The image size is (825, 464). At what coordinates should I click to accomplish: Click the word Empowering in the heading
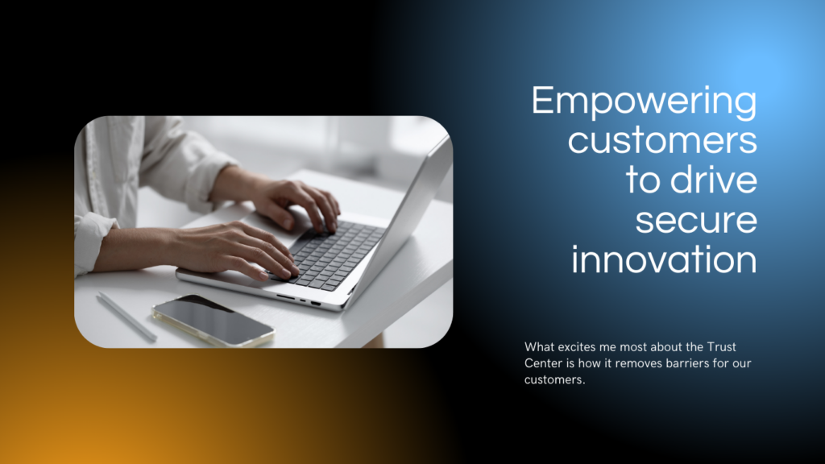645,102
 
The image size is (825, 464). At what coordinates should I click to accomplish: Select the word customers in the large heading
662,140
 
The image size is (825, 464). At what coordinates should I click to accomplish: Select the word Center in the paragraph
542,363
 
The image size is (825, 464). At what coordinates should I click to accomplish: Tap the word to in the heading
642,180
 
